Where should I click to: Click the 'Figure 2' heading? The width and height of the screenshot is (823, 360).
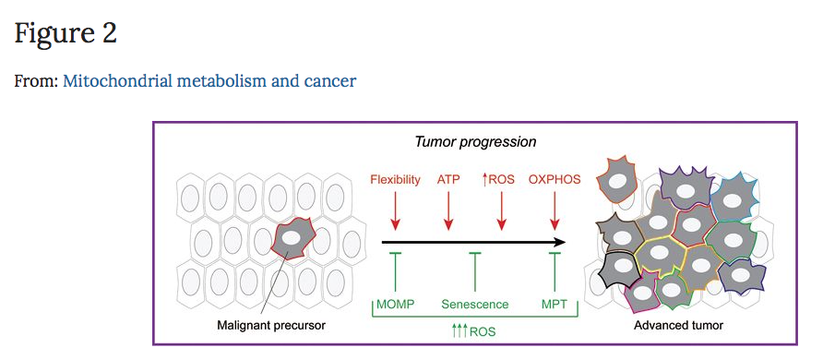pos(66,33)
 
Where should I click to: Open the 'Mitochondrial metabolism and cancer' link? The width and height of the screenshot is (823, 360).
pos(209,81)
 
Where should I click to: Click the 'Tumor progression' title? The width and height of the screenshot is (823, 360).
pos(475,142)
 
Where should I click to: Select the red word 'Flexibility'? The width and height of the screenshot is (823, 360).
pos(395,180)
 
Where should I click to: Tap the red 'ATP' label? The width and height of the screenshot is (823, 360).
pos(448,180)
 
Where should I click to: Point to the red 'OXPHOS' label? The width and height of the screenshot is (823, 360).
pos(555,180)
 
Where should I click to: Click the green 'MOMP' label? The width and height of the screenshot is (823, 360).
pos(395,305)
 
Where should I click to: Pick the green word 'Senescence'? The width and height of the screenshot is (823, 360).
pos(475,305)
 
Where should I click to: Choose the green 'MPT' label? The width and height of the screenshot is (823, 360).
pos(555,305)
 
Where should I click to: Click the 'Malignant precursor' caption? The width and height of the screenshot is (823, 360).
pos(271,325)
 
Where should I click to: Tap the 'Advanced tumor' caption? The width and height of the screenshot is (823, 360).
pos(679,325)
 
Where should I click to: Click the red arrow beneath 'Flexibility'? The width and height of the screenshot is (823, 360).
pos(396,210)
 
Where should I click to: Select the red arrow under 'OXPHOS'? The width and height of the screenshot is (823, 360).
pos(555,210)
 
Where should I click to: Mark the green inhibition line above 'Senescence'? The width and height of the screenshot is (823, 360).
pos(475,271)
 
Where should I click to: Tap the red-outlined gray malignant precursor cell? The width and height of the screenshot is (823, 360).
pos(292,239)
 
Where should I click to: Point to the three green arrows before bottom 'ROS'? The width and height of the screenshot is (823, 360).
pos(460,331)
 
